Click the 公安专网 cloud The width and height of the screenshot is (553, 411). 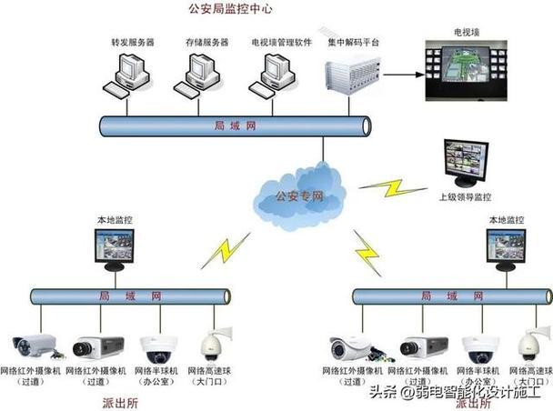(x=297, y=194)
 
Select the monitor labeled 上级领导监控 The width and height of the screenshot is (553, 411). (x=465, y=164)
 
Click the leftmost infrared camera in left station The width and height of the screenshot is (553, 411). (x=35, y=345)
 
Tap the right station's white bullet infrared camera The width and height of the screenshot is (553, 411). (x=352, y=347)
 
